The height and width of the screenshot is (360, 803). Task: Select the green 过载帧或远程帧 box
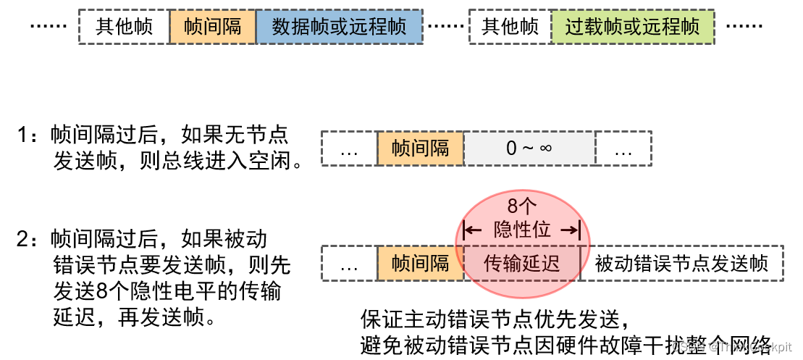(633, 27)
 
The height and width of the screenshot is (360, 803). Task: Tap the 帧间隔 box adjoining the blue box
(213, 27)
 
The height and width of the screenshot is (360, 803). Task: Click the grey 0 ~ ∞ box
(529, 148)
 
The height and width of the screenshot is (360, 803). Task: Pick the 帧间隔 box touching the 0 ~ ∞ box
(420, 148)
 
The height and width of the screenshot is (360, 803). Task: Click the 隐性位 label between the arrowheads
(522, 230)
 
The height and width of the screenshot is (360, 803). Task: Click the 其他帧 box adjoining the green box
(510, 27)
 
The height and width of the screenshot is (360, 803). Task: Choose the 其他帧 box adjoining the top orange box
(124, 27)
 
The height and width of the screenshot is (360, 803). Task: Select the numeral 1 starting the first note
(23, 135)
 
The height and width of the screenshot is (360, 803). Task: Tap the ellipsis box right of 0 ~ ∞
(623, 148)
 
